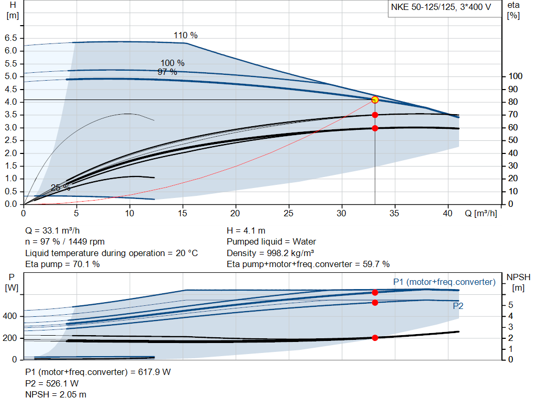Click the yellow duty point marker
pos(375,100)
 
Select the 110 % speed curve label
pos(186,36)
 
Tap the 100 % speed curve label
pos(172,63)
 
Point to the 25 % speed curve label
pos(60,187)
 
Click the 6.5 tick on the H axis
pos(10,38)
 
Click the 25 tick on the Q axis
pos(288,214)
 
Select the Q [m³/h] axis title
pos(481,214)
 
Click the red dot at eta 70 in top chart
pos(375,115)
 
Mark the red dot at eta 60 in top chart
pos(375,128)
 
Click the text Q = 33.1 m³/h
pos(53,230)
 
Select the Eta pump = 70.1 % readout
pos(63,264)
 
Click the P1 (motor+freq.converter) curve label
pos(444,282)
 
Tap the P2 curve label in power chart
pos(458,305)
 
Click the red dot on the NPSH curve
pos(375,338)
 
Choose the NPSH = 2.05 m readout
pos(56,394)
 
